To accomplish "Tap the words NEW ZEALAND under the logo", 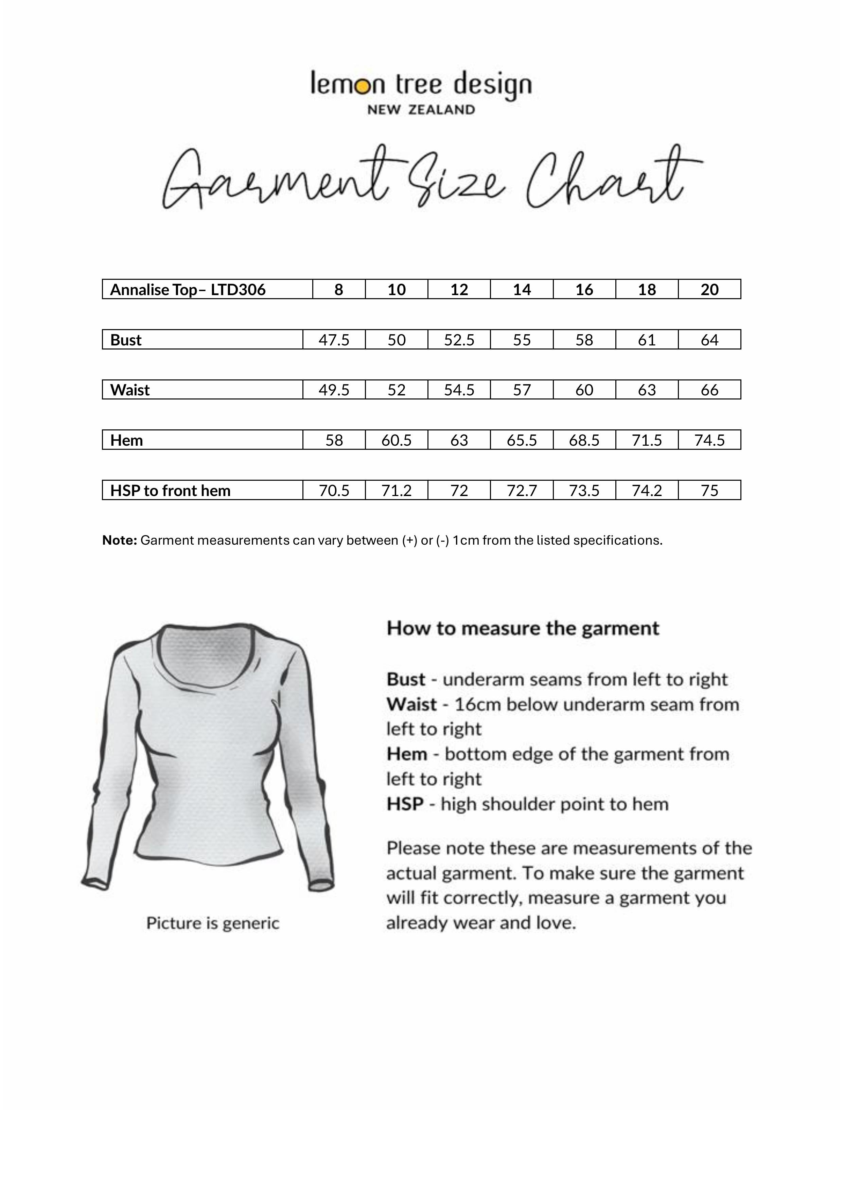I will [x=421, y=109].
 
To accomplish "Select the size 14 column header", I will [x=522, y=289].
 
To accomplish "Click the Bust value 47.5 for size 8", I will [x=334, y=340].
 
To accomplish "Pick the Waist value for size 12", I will [x=459, y=390].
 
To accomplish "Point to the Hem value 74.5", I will [x=709, y=440].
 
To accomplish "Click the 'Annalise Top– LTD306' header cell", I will [x=188, y=289].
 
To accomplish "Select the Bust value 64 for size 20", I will [x=709, y=340].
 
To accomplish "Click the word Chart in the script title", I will [x=608, y=179].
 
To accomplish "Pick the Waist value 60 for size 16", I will [x=584, y=390].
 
